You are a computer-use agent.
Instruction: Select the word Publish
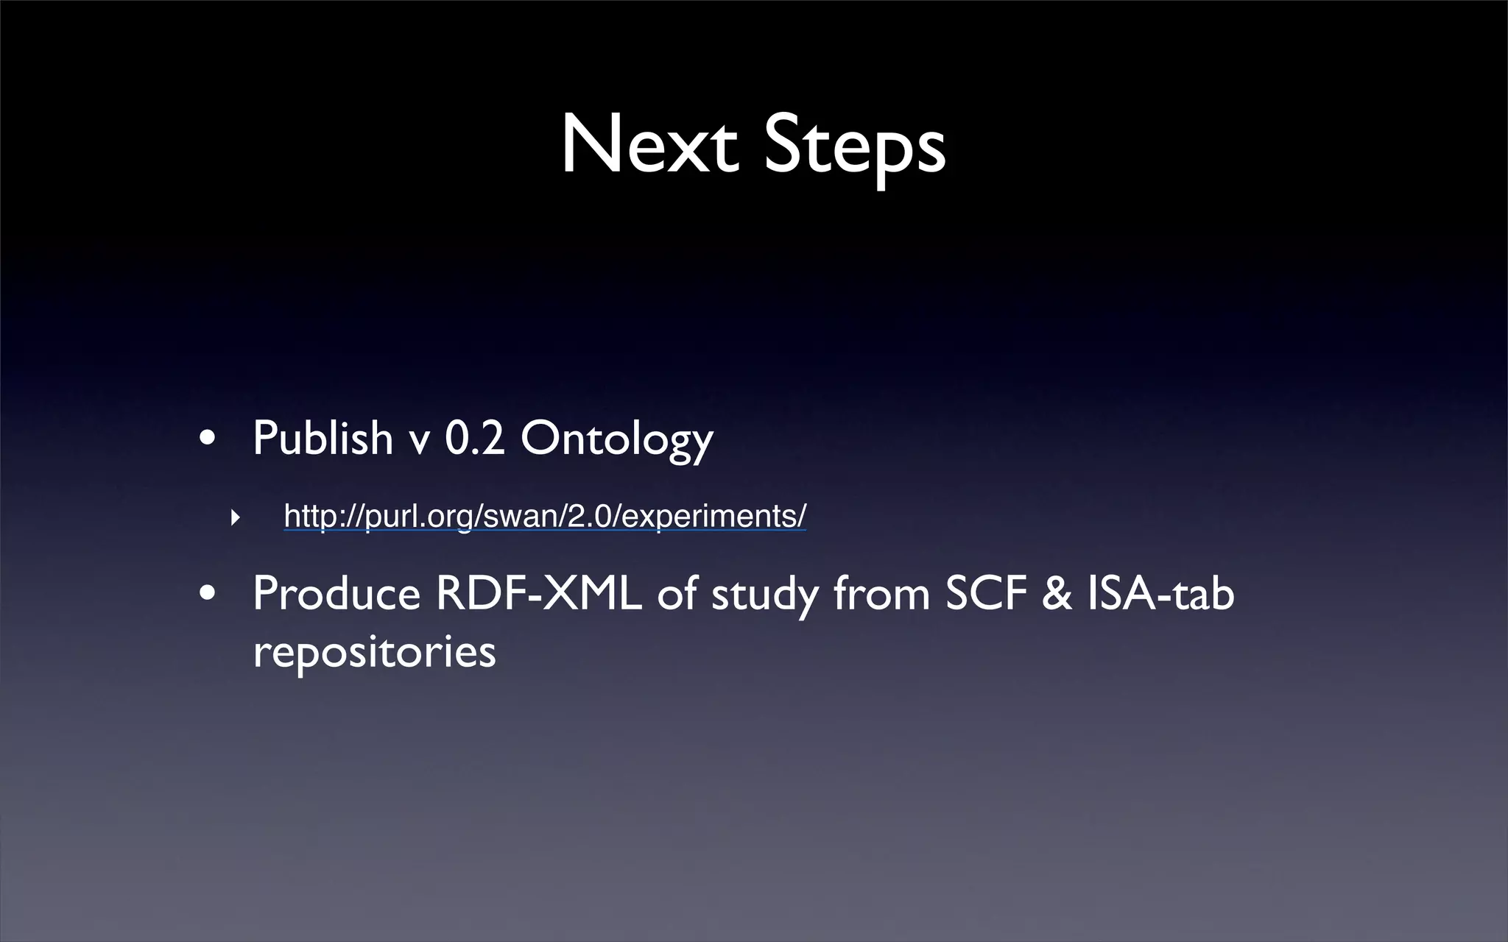323,438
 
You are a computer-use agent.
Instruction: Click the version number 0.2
474,438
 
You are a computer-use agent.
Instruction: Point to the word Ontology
616,439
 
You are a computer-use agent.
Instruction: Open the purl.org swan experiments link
545,516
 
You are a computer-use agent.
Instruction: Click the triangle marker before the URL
235,517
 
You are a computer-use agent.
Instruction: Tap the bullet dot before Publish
208,439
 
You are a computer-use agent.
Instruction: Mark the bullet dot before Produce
208,593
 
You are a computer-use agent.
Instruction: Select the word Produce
336,593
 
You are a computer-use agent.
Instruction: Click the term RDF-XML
538,593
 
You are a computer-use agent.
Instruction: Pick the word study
765,595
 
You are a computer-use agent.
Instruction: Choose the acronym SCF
986,593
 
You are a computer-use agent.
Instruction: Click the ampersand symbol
1057,593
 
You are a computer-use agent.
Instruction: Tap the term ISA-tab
1160,593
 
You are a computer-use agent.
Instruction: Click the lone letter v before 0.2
418,441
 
